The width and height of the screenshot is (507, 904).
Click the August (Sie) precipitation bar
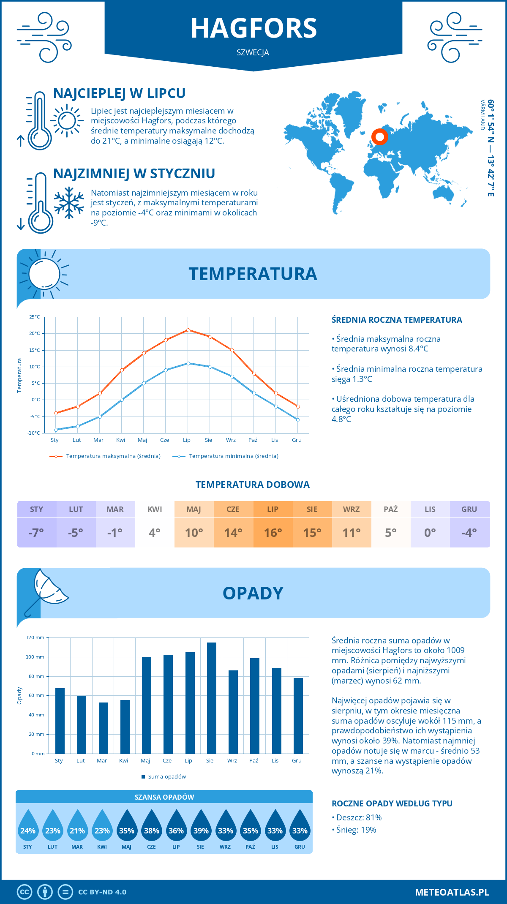tap(211, 698)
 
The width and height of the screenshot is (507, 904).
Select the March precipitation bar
tap(104, 728)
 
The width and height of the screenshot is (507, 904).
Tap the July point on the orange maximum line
tap(188, 330)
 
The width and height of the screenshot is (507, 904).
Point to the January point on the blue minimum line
tap(56, 430)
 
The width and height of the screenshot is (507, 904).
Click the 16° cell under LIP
tap(273, 533)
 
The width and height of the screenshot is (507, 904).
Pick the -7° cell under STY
tap(36, 533)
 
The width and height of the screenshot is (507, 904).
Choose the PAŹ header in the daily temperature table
tap(391, 509)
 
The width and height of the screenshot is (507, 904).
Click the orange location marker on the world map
tap(380, 137)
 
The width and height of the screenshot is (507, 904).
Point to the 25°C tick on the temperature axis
tap(35, 317)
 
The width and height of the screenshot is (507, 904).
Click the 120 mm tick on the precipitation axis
tap(35, 637)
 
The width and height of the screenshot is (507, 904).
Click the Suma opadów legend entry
tap(166, 776)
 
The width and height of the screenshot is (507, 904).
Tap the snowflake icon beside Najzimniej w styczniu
tap(69, 203)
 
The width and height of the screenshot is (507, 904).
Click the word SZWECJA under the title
tap(253, 52)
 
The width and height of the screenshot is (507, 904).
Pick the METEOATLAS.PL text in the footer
tap(452, 892)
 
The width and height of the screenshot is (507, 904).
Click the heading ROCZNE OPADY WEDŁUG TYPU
tap(392, 803)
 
